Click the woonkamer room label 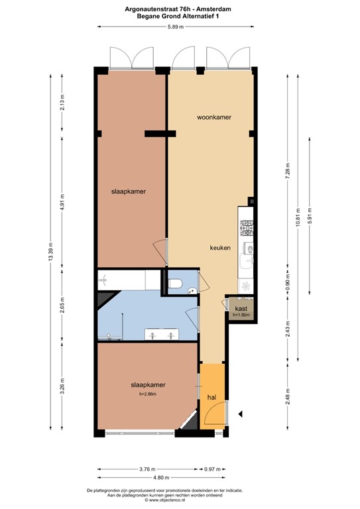213,117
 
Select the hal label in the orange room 211,398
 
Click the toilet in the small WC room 176,283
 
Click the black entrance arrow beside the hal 241,414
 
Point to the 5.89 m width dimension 174,27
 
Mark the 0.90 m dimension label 287,284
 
